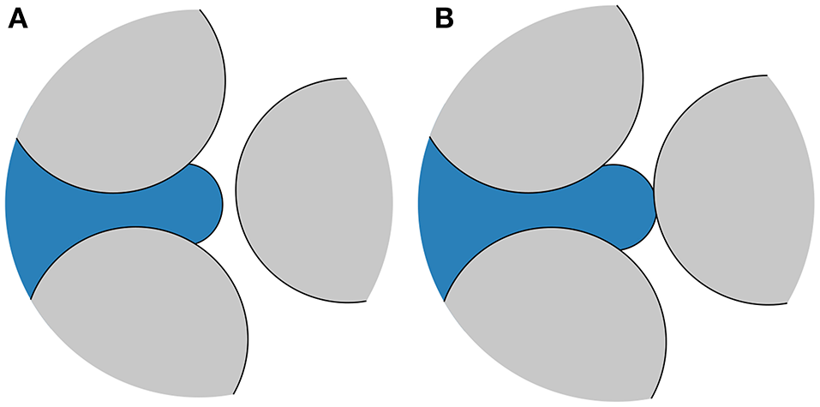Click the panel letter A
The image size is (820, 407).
18,19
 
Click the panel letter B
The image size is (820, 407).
444,19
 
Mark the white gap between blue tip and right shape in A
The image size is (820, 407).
229,204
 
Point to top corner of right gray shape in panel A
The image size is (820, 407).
347,79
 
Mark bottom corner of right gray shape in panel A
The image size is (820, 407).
367,300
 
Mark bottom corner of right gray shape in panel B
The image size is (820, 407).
787,302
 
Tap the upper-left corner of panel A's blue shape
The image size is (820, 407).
16,137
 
